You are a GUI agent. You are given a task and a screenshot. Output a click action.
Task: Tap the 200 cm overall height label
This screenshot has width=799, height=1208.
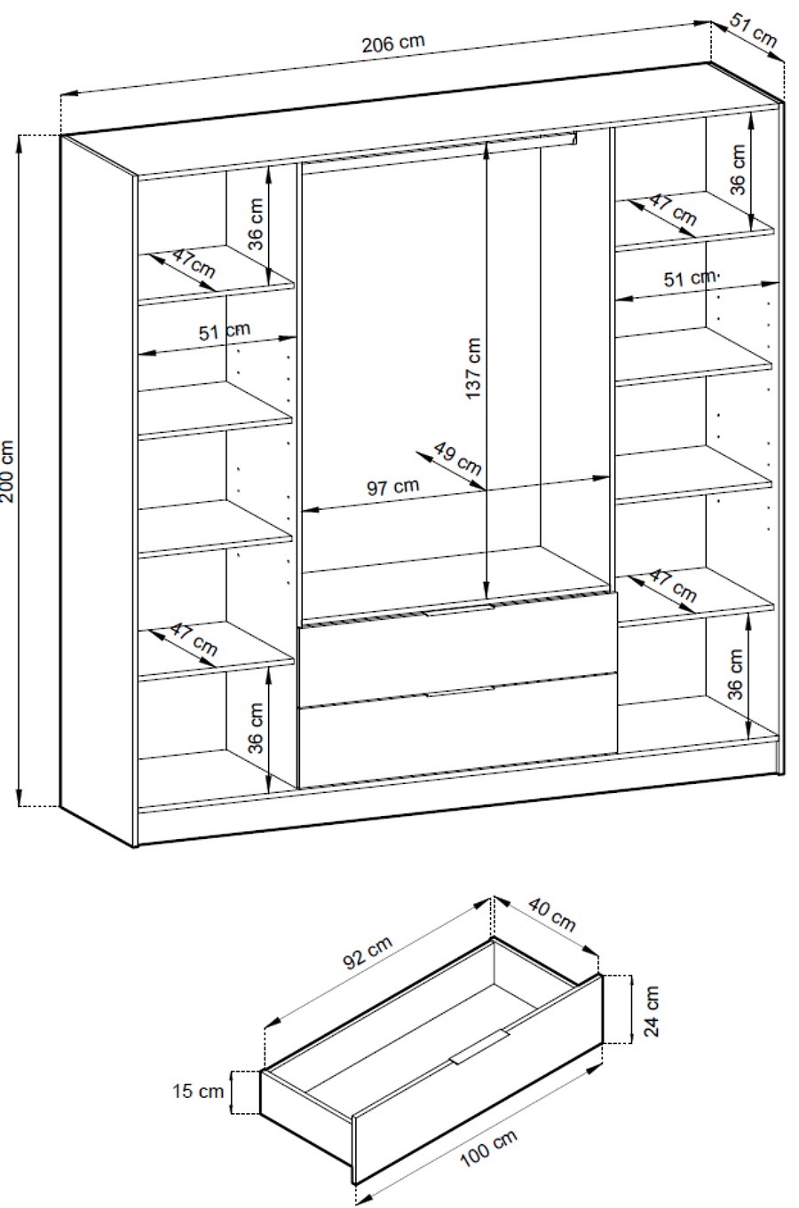pyautogui.click(x=8, y=471)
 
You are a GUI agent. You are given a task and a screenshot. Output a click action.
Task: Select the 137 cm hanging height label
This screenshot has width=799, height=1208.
pyautogui.click(x=472, y=368)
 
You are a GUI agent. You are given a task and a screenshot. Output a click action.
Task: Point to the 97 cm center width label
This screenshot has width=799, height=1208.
pyautogui.click(x=392, y=487)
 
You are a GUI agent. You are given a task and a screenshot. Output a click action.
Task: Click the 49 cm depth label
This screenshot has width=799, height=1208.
pyautogui.click(x=457, y=459)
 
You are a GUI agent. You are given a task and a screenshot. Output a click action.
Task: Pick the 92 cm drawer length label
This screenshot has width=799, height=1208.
pyautogui.click(x=368, y=953)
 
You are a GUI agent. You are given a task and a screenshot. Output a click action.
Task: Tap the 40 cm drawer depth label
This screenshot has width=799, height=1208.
pyautogui.click(x=551, y=914)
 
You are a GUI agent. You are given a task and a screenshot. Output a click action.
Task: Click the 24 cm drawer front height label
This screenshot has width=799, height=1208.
pyautogui.click(x=652, y=1011)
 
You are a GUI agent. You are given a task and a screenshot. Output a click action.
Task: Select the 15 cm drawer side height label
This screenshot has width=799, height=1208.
pyautogui.click(x=198, y=1091)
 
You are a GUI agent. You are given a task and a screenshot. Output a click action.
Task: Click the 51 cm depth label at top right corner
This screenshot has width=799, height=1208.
pyautogui.click(x=754, y=30)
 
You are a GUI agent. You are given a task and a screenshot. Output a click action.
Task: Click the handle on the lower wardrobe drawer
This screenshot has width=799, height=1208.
pyautogui.click(x=460, y=692)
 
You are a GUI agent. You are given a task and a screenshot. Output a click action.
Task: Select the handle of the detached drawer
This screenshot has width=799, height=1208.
pyautogui.click(x=479, y=1047)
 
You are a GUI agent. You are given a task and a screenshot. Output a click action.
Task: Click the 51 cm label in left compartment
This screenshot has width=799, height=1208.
pyautogui.click(x=225, y=331)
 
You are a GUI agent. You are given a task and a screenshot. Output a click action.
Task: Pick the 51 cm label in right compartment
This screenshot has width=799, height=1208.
pyautogui.click(x=691, y=278)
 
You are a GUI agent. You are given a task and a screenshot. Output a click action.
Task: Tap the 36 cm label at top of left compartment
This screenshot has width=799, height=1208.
pyautogui.click(x=256, y=224)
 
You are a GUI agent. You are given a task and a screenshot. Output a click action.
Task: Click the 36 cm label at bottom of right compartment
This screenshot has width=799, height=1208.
pyautogui.click(x=735, y=674)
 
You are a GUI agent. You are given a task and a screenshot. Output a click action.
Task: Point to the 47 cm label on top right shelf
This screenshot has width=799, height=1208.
pyautogui.click(x=672, y=209)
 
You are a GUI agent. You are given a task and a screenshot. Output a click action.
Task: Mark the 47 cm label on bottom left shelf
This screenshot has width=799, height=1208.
pyautogui.click(x=194, y=639)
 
